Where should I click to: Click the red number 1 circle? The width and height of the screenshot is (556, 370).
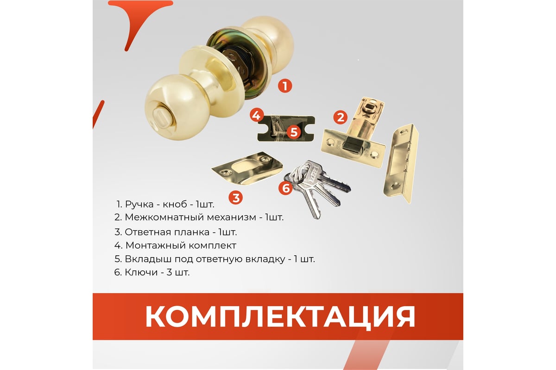(x=285, y=86)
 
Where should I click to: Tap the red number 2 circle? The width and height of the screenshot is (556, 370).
(x=340, y=117)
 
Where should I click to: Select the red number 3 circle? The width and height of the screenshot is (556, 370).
(x=235, y=198)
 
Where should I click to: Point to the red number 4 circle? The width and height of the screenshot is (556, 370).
(x=257, y=115)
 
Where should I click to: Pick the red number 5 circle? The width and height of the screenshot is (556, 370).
(x=294, y=132)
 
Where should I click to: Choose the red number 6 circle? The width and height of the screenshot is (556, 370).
(x=285, y=188)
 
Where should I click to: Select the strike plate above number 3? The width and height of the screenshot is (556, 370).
(x=247, y=168)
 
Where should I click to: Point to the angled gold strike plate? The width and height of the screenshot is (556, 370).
(x=401, y=164)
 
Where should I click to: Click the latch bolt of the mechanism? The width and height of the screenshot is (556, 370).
(x=351, y=147)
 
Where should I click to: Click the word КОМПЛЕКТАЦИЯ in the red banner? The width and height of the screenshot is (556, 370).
(x=280, y=317)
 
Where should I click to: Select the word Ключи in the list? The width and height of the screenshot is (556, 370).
(x=141, y=272)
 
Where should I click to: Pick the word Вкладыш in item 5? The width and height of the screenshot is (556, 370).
(x=148, y=259)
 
